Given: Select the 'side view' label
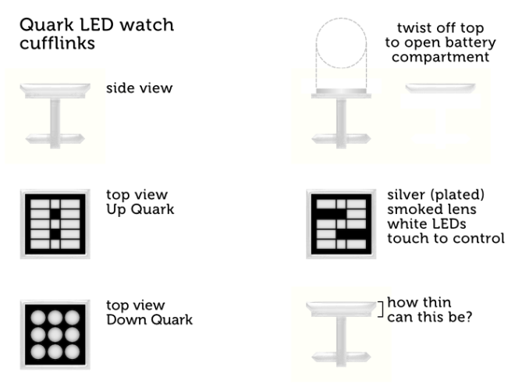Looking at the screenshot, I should (x=139, y=88).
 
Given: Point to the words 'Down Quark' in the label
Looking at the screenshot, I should (x=149, y=319).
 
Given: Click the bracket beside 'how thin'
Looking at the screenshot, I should (x=380, y=309).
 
